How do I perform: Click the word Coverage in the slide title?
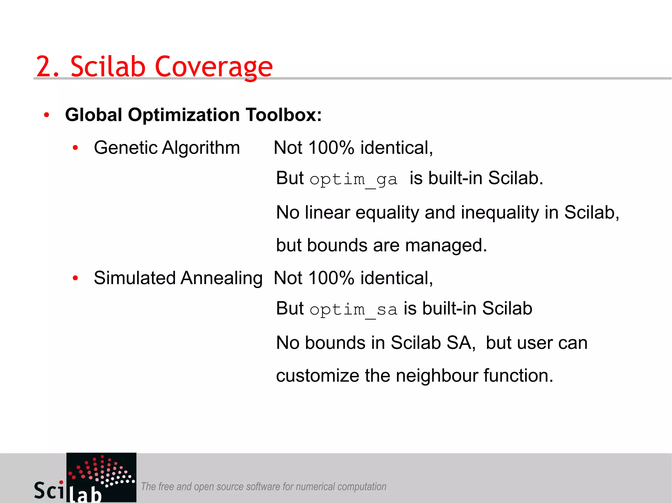click(x=214, y=67)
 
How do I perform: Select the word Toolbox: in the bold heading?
click(x=284, y=115)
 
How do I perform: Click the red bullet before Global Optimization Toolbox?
click(x=47, y=115)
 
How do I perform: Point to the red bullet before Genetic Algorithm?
click(x=75, y=148)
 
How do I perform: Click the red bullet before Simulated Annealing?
click(x=75, y=278)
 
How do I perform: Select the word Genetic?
click(x=126, y=148)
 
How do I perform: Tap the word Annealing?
click(x=221, y=278)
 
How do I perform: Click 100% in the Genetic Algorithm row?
click(x=331, y=148)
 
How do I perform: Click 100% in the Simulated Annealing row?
click(x=331, y=278)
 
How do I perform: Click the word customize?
click(x=317, y=376)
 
